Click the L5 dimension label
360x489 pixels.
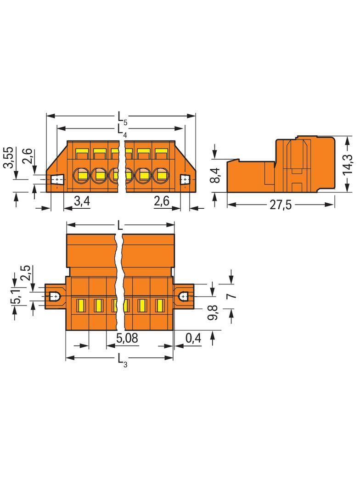coord(123,118)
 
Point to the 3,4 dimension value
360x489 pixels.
coord(82,201)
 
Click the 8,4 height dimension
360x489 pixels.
coord(215,175)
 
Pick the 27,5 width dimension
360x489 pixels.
coord(281,205)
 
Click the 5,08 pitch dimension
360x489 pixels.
coord(127,338)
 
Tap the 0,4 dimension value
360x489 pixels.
coord(193,338)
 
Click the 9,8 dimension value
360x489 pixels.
coord(213,313)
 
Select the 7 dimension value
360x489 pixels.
coord(231,295)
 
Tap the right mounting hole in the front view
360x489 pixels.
coord(186,180)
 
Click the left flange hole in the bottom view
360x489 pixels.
coord(55,296)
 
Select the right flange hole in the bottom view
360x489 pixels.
coord(183,296)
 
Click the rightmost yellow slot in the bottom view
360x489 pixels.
coord(160,306)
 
